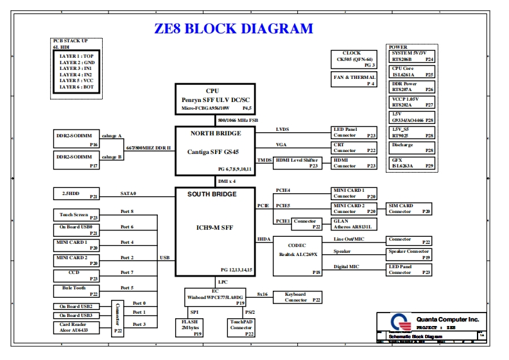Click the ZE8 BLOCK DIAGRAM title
[234, 29]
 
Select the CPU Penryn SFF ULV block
[215, 99]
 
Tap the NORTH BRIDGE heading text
[216, 133]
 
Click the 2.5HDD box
[76, 194]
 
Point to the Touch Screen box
[76, 216]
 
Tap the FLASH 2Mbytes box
[189, 328]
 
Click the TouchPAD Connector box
[241, 328]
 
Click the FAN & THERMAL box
[352, 80]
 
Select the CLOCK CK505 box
[352, 59]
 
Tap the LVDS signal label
[282, 130]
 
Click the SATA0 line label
[128, 193]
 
